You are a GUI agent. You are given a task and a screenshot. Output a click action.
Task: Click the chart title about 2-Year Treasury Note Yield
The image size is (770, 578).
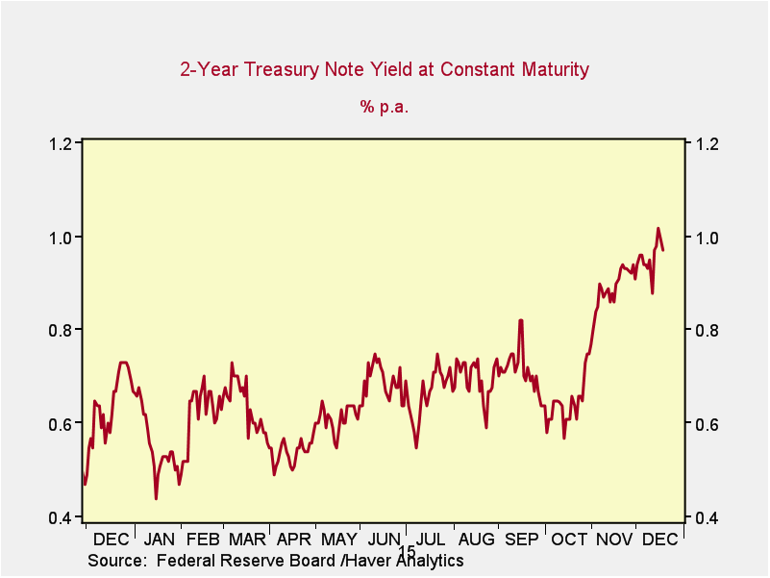[x=385, y=69]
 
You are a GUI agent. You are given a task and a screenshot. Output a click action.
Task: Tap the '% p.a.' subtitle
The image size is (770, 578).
[x=385, y=107]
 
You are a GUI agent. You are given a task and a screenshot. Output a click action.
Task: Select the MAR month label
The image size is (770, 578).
[x=247, y=540]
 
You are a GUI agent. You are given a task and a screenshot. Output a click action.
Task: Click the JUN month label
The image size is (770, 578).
[x=384, y=540]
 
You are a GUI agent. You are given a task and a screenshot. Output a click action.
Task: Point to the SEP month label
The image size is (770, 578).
[x=521, y=540]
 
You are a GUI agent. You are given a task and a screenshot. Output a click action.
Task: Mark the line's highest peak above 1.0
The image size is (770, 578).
[x=658, y=229]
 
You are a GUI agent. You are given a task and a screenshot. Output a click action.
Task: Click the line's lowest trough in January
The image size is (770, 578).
[x=156, y=498]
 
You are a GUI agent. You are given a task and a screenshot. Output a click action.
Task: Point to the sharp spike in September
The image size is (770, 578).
[x=520, y=320]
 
